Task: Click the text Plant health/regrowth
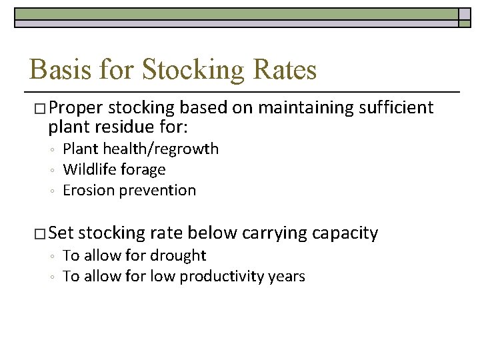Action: [140, 149]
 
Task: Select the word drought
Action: [179, 255]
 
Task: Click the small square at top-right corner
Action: [465, 14]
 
